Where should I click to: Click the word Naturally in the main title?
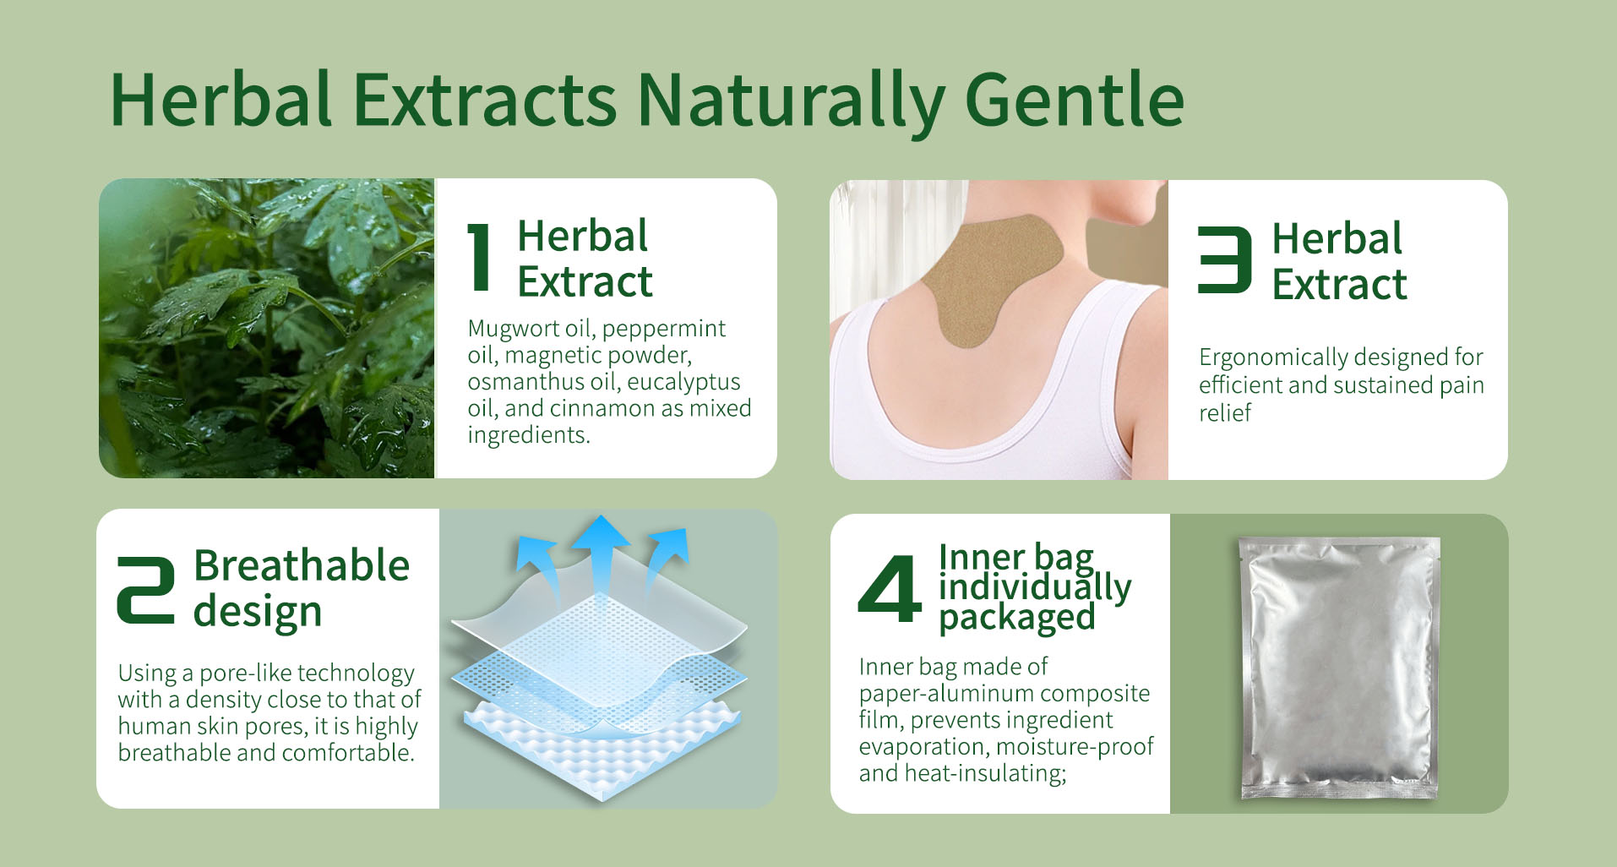(x=791, y=101)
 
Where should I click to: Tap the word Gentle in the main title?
(x=1075, y=99)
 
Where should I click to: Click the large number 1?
(x=479, y=258)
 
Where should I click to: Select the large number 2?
(x=146, y=590)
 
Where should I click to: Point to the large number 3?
(x=1224, y=259)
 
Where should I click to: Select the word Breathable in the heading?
(x=302, y=565)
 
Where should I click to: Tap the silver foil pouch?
(x=1340, y=668)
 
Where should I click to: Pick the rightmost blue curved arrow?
(x=664, y=562)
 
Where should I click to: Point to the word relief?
(x=1225, y=412)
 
